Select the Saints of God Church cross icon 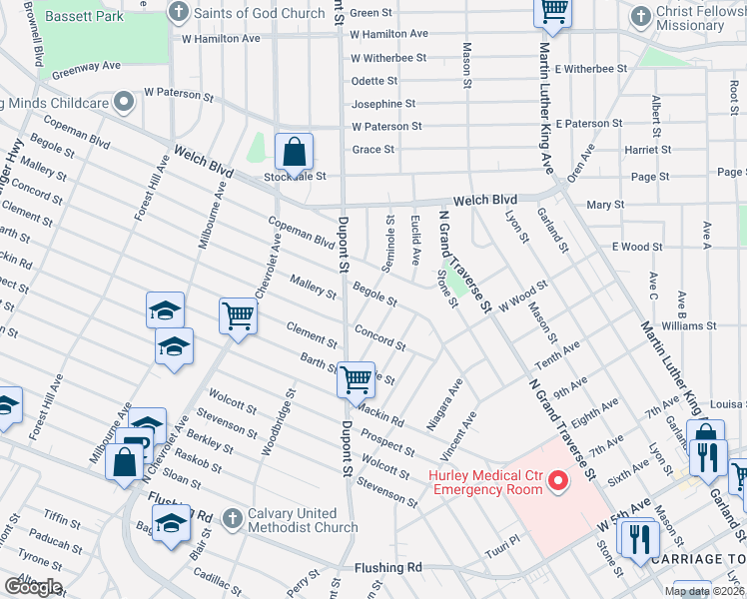(x=179, y=12)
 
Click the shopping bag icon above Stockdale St (x=295, y=153)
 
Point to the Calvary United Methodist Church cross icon (x=232, y=518)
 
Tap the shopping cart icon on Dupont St (x=356, y=379)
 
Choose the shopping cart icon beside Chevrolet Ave (x=239, y=315)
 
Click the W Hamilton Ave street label (x=221, y=38)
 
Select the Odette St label (x=374, y=82)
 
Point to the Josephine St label (x=383, y=104)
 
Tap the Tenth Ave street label (x=557, y=353)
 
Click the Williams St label (x=688, y=325)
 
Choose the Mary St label (x=605, y=205)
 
